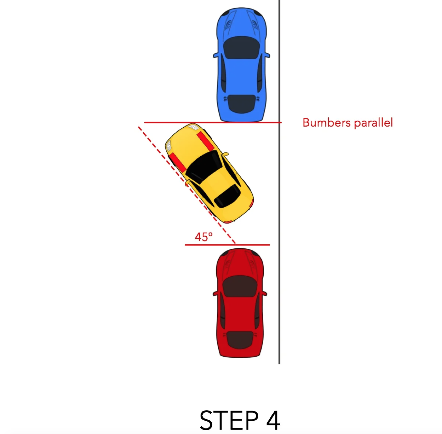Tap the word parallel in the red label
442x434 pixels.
(x=373, y=123)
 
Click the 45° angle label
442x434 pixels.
(x=204, y=237)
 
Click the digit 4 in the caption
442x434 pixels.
(x=273, y=420)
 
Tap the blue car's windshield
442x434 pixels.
(x=241, y=48)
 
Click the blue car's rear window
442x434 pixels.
(x=241, y=104)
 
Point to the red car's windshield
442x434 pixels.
(x=240, y=286)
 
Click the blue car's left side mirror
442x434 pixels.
(x=215, y=55)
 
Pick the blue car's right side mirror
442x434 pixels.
(x=267, y=55)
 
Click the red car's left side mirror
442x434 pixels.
(x=215, y=293)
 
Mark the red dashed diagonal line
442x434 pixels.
(x=187, y=185)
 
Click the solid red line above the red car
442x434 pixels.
(x=227, y=245)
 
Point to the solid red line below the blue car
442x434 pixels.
(x=213, y=123)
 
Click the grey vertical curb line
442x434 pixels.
(x=279, y=182)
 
